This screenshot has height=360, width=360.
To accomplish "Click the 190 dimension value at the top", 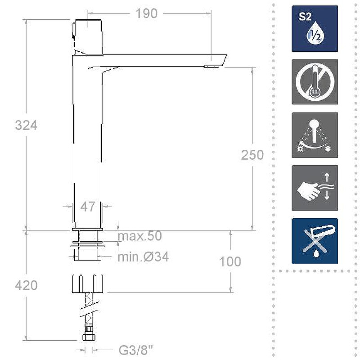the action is [x=147, y=13].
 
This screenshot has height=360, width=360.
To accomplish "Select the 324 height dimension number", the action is [x=26, y=126].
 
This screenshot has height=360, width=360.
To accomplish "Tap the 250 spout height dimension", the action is [x=252, y=155].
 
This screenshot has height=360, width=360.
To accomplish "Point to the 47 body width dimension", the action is [x=87, y=207].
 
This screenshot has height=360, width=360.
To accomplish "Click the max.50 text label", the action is [x=140, y=236].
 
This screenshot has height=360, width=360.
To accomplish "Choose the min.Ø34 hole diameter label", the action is [x=143, y=256].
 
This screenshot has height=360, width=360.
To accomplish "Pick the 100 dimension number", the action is [x=230, y=261].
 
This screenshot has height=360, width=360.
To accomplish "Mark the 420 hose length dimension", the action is [x=26, y=286].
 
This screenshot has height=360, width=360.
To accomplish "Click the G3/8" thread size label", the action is [x=136, y=351].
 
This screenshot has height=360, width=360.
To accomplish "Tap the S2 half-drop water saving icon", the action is [x=315, y=29].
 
